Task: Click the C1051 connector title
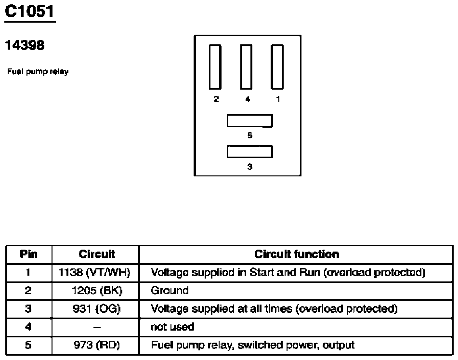(x=29, y=12)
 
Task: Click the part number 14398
(x=25, y=45)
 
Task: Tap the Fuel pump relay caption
(x=38, y=72)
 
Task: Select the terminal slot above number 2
(x=215, y=67)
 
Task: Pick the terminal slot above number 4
(x=246, y=67)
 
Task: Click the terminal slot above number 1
(x=277, y=67)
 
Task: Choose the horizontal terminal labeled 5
(x=250, y=121)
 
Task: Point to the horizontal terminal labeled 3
(x=250, y=152)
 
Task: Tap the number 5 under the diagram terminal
(x=250, y=135)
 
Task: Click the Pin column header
(x=28, y=254)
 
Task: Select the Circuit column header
(x=97, y=254)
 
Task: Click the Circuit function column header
(x=297, y=254)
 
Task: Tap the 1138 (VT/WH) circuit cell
(x=94, y=273)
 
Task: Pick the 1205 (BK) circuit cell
(x=97, y=291)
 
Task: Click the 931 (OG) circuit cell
(x=97, y=309)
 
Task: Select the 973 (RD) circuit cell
(x=97, y=345)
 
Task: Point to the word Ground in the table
(x=170, y=291)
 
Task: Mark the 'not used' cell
(x=172, y=327)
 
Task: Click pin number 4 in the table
(x=28, y=327)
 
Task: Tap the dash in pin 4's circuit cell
(x=97, y=327)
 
